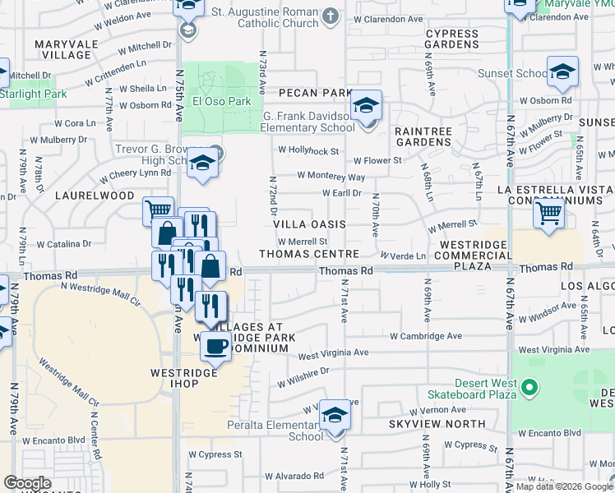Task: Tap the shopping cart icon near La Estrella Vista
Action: [548, 213]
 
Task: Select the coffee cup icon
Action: [216, 345]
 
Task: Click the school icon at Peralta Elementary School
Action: [335, 415]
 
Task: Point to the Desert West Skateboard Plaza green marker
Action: [530, 386]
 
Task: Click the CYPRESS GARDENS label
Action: [451, 39]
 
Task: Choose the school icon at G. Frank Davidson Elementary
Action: [367, 105]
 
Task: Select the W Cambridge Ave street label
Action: [426, 336]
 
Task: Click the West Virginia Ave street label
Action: [333, 354]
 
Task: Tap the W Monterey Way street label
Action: [331, 176]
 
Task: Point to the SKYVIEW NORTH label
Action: [428, 424]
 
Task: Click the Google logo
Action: [27, 483]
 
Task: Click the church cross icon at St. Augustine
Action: [330, 16]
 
